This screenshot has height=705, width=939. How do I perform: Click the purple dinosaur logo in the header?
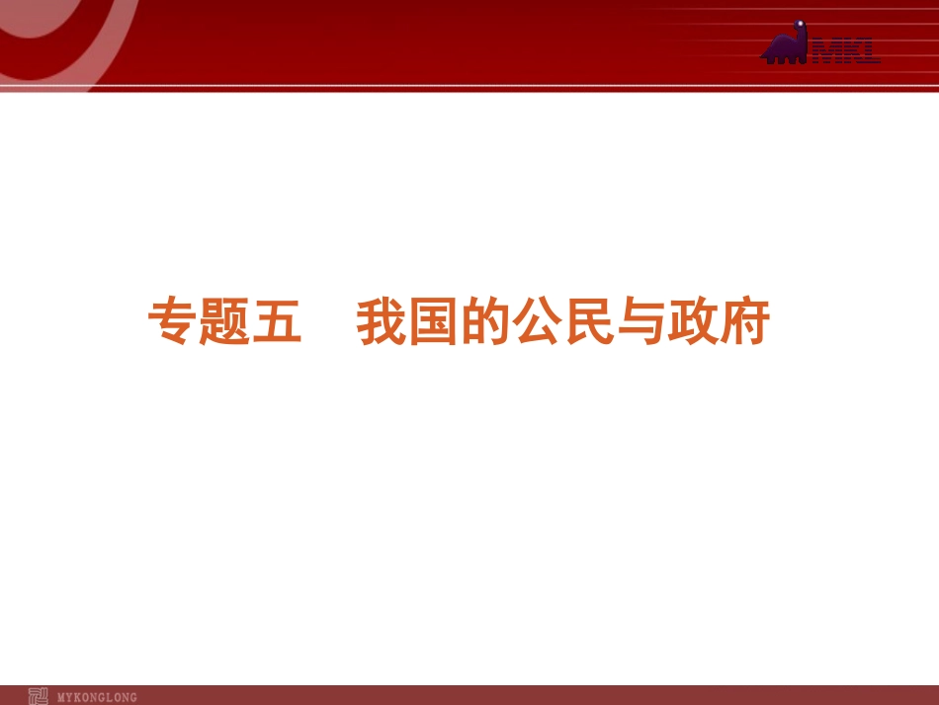tap(787, 44)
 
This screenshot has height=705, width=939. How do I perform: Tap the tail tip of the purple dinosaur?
tap(762, 57)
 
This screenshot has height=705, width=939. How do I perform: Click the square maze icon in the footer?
tap(38, 695)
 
